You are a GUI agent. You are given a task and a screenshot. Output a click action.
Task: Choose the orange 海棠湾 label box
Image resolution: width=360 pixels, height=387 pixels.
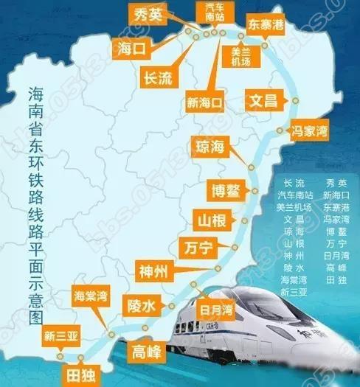(91, 296)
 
